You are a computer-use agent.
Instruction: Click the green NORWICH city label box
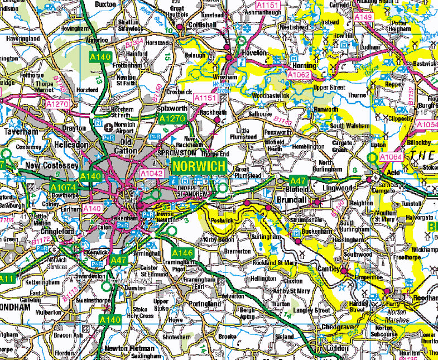coord(199,167)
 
